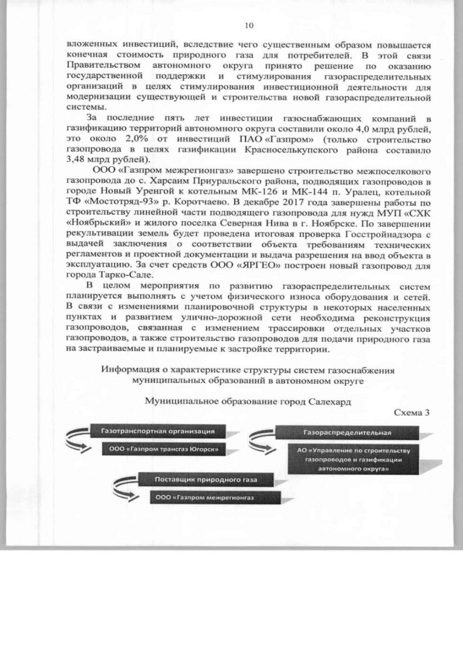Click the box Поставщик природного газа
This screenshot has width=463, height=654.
point(202,480)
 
